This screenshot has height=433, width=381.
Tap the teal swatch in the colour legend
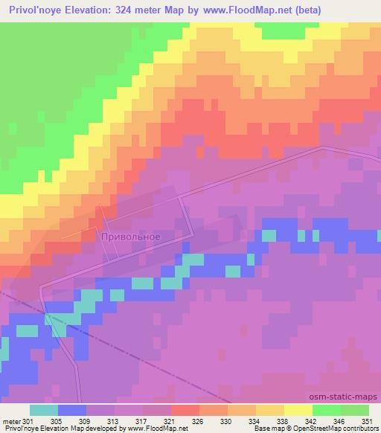click(44, 409)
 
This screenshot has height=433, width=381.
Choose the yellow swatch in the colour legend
click(298, 409)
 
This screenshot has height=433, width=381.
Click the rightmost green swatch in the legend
click(355, 409)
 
